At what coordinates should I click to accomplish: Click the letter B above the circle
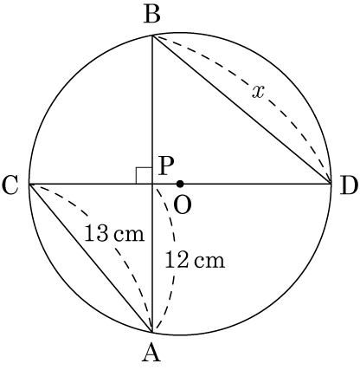pyautogui.click(x=151, y=16)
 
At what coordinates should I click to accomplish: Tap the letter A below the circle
pyautogui.click(x=151, y=354)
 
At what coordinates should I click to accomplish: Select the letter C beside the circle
pyautogui.click(x=10, y=185)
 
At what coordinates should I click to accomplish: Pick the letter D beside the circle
pyautogui.click(x=349, y=185)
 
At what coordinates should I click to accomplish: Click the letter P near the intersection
pyautogui.click(x=166, y=167)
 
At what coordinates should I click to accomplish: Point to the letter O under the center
pyautogui.click(x=183, y=205)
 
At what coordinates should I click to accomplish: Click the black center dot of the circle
pyautogui.click(x=180, y=184)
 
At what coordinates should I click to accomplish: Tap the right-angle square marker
pyautogui.click(x=144, y=175)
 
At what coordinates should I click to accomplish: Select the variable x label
pyautogui.click(x=258, y=93)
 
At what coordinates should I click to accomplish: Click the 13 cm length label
pyautogui.click(x=114, y=233)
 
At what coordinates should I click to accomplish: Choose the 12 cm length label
pyautogui.click(x=195, y=260)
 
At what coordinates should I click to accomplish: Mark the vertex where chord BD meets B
pyautogui.click(x=152, y=36)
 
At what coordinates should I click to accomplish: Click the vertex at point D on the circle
pyautogui.click(x=331, y=184)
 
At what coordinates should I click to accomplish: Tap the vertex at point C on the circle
pyautogui.click(x=29, y=184)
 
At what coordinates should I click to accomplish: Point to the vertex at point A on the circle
pyautogui.click(x=152, y=332)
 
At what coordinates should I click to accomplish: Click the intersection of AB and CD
pyautogui.click(x=152, y=184)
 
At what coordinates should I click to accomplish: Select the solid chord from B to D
pyautogui.click(x=241, y=109)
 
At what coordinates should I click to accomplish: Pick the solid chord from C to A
pyautogui.click(x=91, y=257)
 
